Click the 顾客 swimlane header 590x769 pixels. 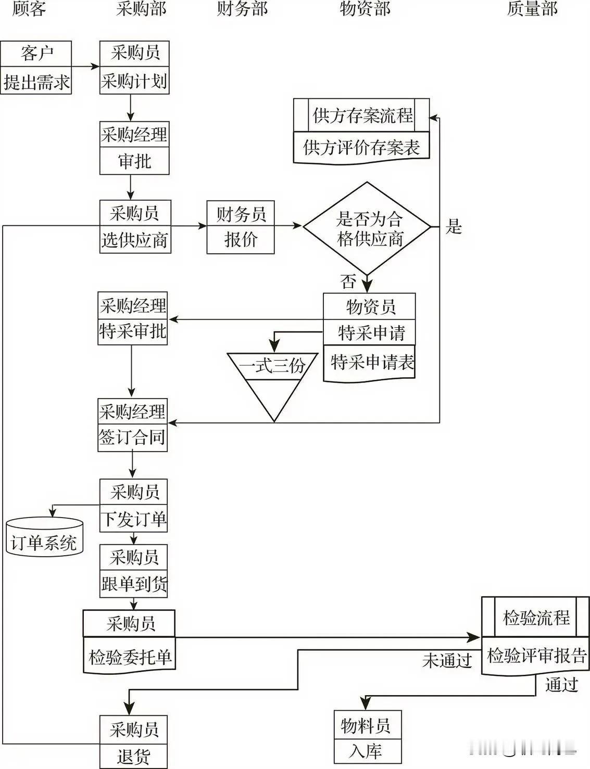coord(29,9)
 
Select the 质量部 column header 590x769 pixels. coord(532,9)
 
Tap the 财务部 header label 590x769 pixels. coord(242,9)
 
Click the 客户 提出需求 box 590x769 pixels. coord(36,68)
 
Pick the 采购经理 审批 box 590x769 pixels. coord(134,148)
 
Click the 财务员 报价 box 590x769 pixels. coord(241,227)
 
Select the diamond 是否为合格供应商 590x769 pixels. coord(368,228)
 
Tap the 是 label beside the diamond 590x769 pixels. coord(454,227)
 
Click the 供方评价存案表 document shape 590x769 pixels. coord(361,148)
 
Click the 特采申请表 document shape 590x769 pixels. coord(369,363)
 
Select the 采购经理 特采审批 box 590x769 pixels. coord(133,318)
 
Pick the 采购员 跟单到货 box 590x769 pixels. coord(134,571)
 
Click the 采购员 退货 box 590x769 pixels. coord(134,742)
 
